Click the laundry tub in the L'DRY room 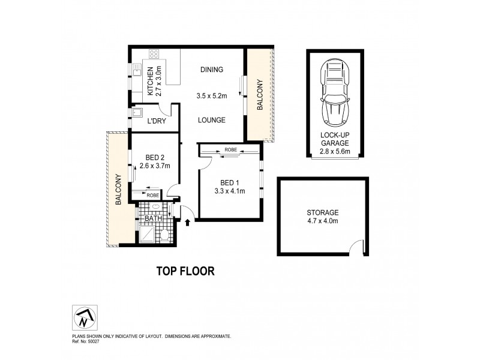136,112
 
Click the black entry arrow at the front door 189,223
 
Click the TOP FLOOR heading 185,271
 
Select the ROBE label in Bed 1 230,149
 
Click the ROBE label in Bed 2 152,195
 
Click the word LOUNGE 212,120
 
